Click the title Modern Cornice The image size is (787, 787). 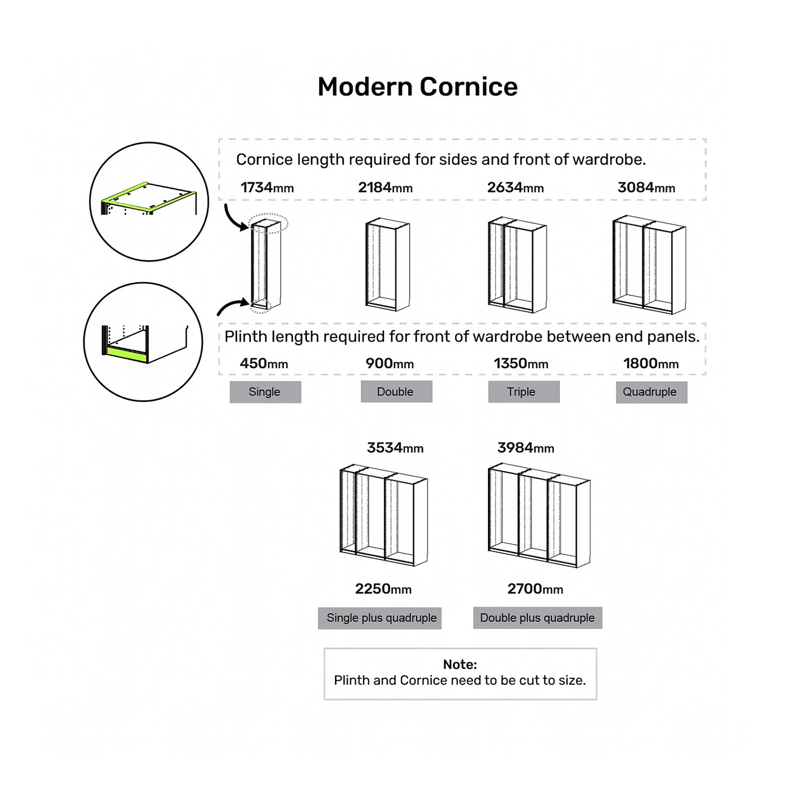point(418,87)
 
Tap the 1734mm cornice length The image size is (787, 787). point(267,187)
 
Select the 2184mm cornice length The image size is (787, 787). point(385,187)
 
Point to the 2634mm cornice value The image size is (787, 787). point(515,187)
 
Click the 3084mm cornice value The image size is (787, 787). point(646,187)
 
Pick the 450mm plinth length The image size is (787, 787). point(264,363)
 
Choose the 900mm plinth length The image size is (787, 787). point(389,363)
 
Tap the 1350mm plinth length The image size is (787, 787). point(520,363)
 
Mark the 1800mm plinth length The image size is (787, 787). point(651,363)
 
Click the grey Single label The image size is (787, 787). point(265,392)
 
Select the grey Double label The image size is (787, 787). point(396,392)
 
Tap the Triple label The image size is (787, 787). point(524,392)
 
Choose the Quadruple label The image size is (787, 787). point(651,392)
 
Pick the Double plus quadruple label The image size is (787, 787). point(537,618)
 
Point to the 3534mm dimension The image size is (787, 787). point(395,448)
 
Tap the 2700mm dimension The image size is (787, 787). point(535,589)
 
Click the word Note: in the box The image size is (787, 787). point(460,664)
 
